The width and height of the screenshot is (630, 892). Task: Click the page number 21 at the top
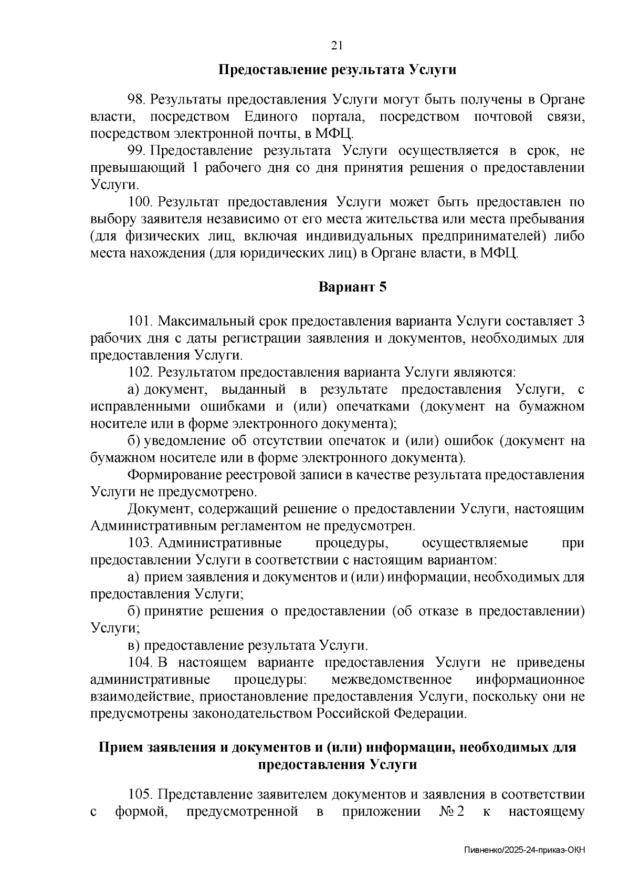(337, 46)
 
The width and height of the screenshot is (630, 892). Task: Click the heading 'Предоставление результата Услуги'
(337, 69)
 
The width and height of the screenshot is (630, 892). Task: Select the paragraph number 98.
(138, 99)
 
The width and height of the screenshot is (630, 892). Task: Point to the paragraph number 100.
(141, 202)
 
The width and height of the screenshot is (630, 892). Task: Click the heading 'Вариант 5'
(352, 288)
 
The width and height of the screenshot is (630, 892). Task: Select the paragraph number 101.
(140, 321)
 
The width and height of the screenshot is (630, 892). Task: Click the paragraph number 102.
(141, 372)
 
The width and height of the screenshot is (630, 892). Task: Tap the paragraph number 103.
(141, 542)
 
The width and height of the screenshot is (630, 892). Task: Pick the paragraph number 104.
(141, 662)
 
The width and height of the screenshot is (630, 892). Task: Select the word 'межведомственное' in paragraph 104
(392, 680)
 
